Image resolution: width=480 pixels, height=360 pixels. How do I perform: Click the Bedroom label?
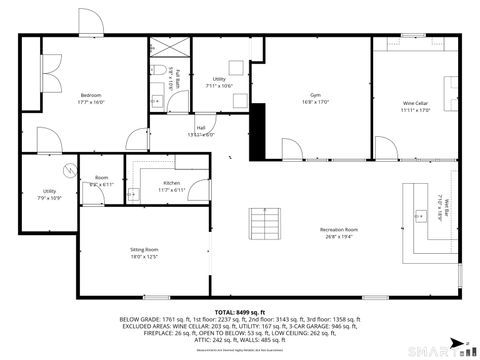coord(91,94)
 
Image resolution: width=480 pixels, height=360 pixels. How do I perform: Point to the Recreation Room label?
coord(339,230)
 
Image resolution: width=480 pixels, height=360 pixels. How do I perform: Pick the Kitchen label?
coord(171,183)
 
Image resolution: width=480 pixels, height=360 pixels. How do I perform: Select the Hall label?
coord(200,128)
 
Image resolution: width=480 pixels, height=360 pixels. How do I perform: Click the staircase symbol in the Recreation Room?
coord(264,222)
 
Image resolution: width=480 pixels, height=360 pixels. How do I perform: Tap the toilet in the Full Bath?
coord(160,69)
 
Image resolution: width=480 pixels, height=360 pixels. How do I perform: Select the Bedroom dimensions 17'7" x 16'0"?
coord(91,102)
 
